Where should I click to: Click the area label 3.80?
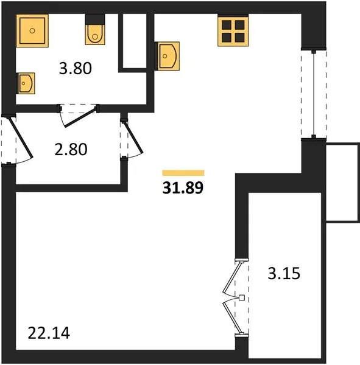[x=76, y=68]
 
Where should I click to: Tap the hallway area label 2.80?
[x=71, y=150]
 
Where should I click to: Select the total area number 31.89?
[x=183, y=188]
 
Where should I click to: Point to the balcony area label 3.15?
[x=284, y=274]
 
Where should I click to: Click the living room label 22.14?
[x=49, y=333]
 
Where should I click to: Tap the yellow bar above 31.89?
[x=183, y=173]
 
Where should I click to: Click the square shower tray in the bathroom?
[x=32, y=31]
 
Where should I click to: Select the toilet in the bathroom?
[x=95, y=29]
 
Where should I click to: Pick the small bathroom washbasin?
[x=26, y=83]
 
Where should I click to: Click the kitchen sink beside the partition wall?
[x=168, y=56]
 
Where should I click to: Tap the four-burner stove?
[x=233, y=30]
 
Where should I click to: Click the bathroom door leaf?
[x=80, y=117]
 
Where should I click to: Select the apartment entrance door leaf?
[x=20, y=138]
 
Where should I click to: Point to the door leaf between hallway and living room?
[x=133, y=138]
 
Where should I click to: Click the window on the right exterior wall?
[x=314, y=94]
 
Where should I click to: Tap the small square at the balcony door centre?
[x=242, y=297]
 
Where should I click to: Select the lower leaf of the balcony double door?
[x=232, y=318]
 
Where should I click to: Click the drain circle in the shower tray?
[x=32, y=31]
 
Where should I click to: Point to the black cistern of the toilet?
[x=95, y=19]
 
